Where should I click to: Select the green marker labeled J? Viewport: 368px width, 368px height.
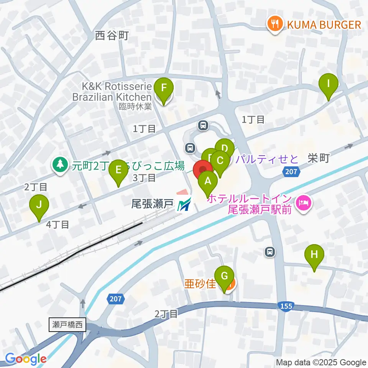[x=39, y=205]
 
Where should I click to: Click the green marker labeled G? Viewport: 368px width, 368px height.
[x=225, y=276]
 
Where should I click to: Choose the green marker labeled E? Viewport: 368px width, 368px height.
[x=118, y=169]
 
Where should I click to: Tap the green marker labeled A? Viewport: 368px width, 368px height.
[x=208, y=181]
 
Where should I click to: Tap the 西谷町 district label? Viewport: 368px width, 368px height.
[x=112, y=36]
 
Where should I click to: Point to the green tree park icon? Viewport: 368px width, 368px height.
[x=60, y=165]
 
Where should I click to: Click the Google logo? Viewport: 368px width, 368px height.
[x=26, y=359]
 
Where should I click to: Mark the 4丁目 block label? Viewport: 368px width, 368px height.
[x=58, y=225]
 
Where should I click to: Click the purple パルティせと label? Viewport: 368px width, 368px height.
[x=267, y=159]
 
